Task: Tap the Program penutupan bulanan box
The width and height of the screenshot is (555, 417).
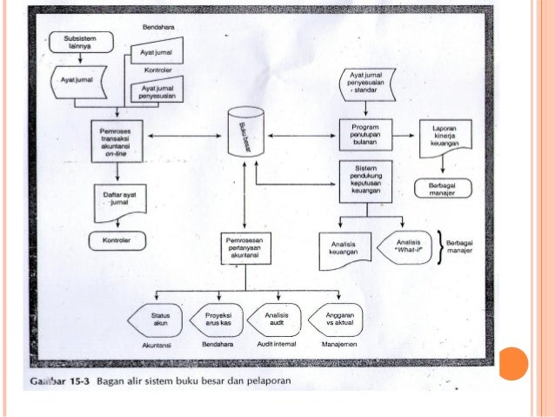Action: click(365, 136)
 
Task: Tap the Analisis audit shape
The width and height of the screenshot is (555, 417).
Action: click(275, 319)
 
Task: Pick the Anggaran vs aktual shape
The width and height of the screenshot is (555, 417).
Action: click(337, 319)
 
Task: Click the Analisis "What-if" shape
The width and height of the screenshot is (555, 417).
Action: click(407, 245)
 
